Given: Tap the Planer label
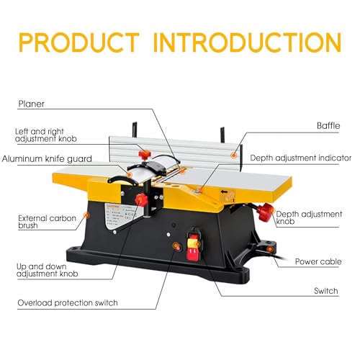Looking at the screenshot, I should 31,104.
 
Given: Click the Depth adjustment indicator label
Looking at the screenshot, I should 300,157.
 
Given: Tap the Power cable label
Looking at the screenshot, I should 318,261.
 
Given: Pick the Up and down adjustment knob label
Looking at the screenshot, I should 48,270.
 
